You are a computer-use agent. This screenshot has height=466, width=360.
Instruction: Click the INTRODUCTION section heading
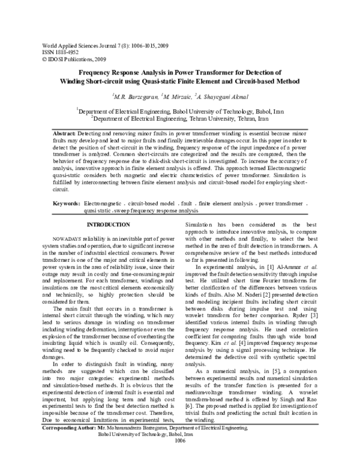(x=109, y=225)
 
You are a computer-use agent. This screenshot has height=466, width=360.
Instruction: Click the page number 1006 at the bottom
(x=181, y=458)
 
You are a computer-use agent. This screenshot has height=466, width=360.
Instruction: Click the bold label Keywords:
(x=66, y=205)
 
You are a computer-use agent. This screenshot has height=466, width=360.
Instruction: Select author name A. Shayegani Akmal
(x=224, y=96)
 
